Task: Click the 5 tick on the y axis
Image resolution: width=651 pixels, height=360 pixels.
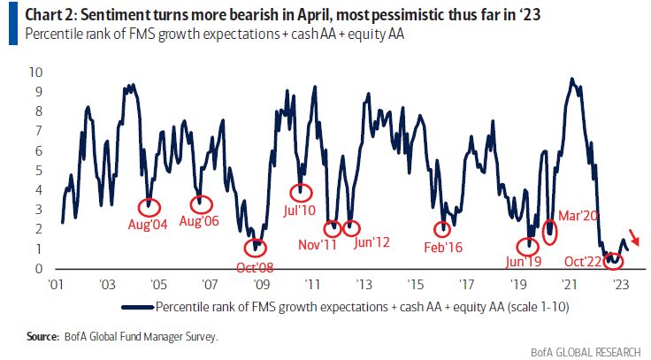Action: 36,171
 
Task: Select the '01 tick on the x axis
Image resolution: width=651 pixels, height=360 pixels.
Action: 55,285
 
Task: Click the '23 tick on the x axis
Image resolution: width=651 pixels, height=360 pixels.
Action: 620,285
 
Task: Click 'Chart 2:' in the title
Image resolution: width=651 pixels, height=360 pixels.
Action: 41,14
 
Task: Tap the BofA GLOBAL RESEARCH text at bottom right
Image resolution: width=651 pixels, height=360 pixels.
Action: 588,351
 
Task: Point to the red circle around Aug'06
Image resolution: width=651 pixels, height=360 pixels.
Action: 202,204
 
